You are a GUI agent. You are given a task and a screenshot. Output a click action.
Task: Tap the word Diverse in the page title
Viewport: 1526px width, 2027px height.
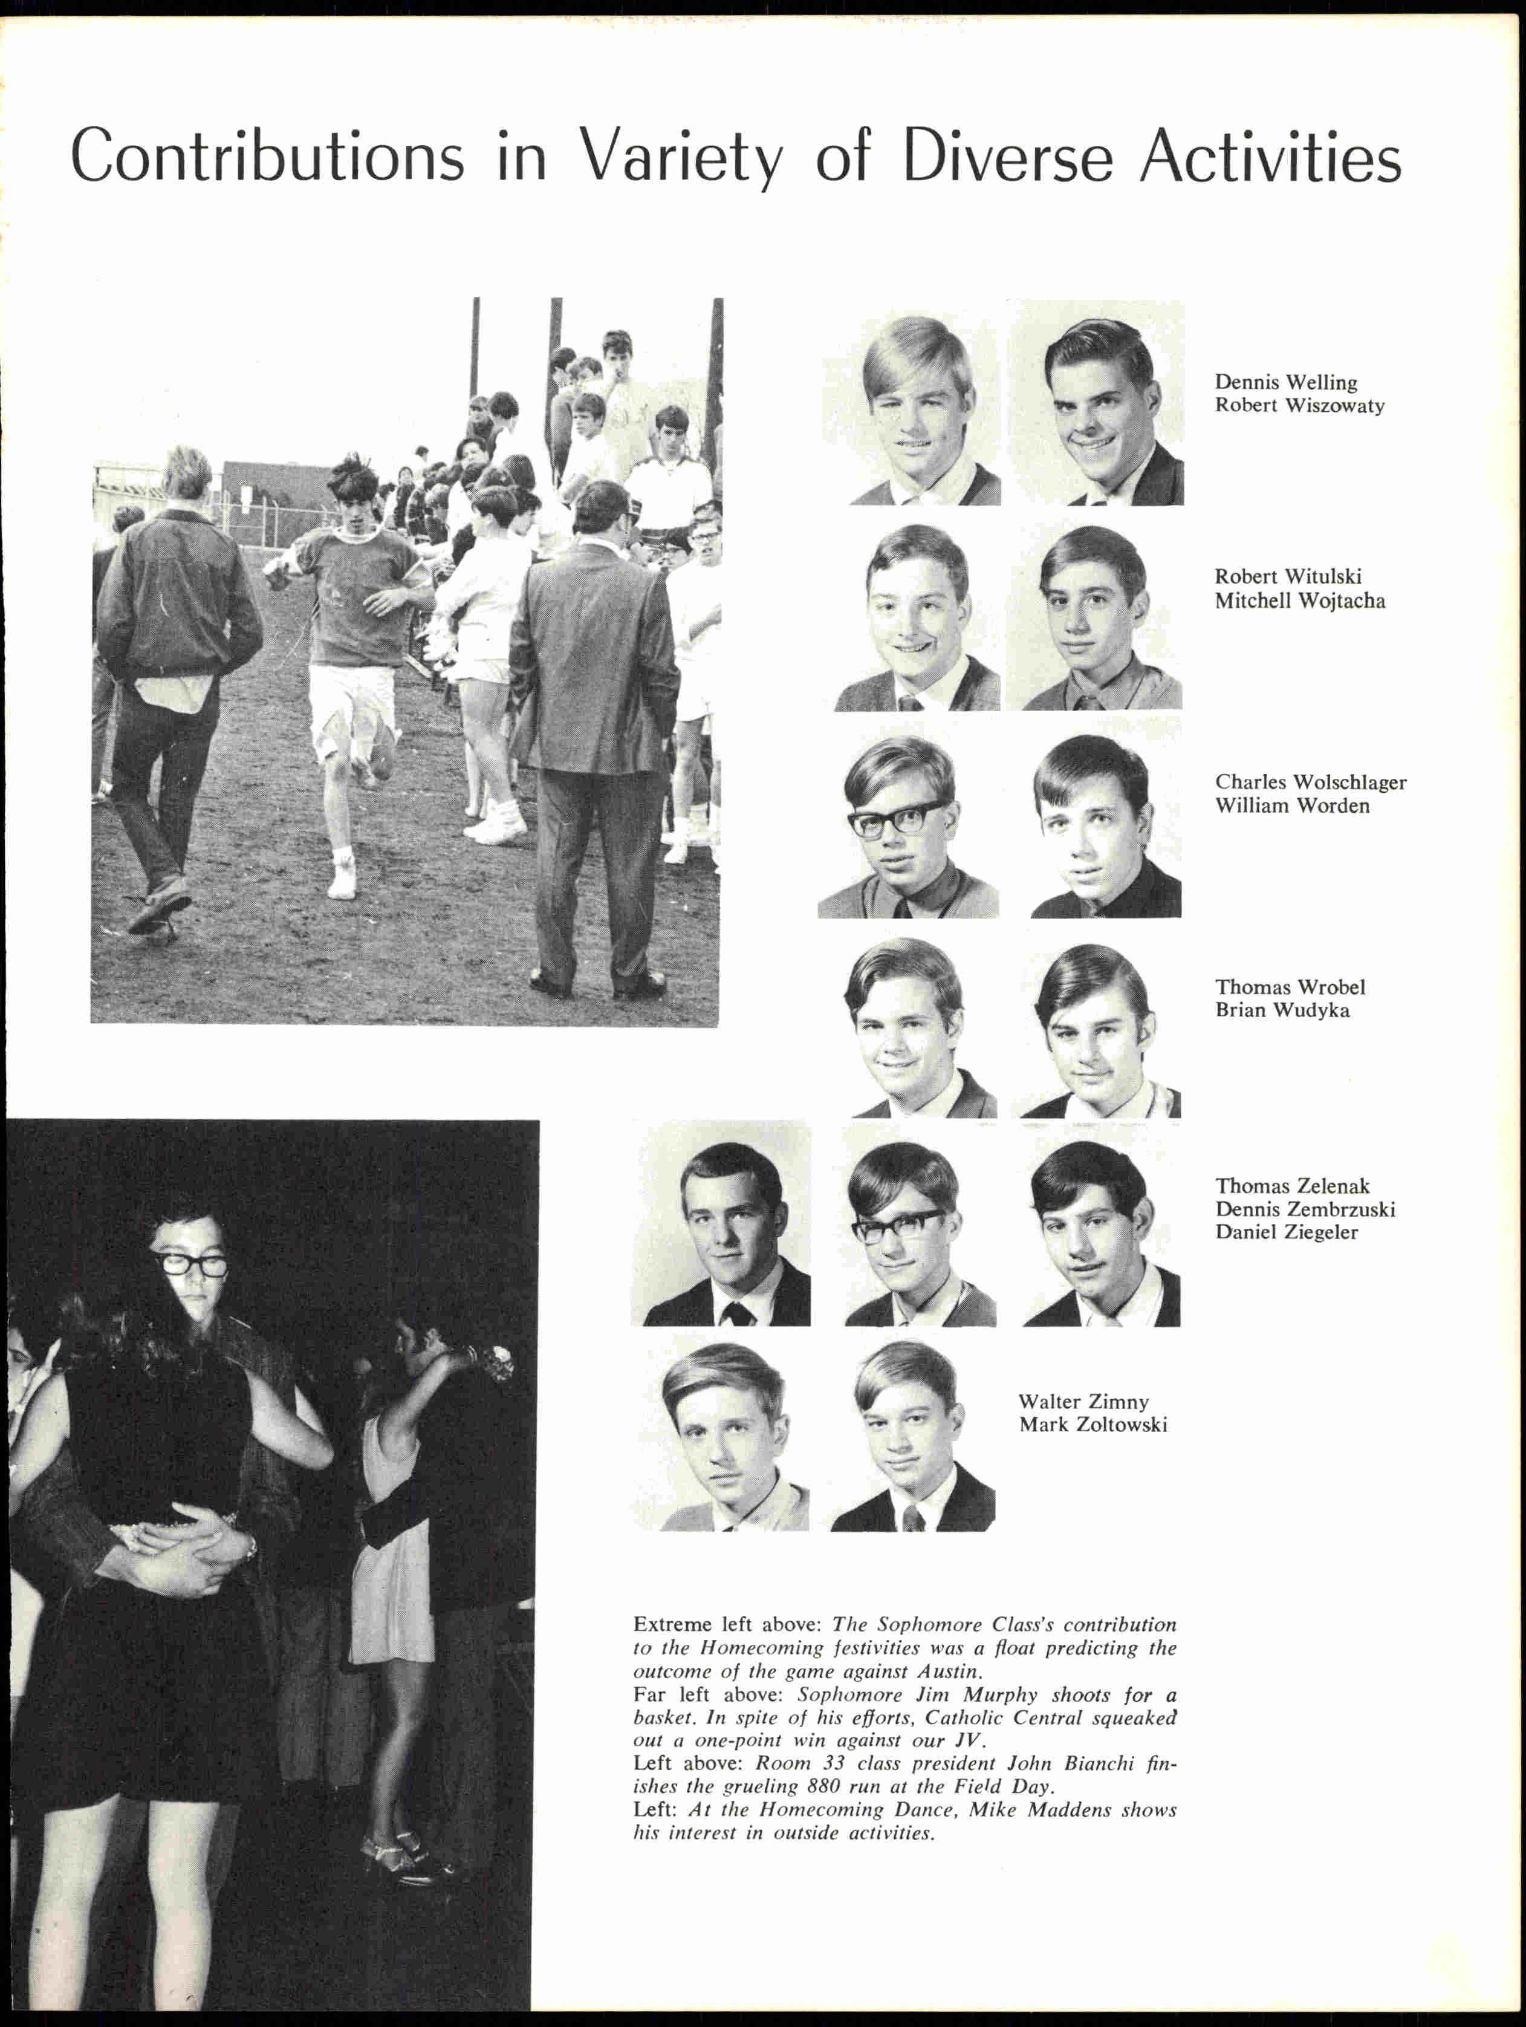(x=1008, y=156)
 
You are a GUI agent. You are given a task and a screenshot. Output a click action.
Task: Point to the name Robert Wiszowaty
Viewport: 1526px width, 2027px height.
(x=1299, y=405)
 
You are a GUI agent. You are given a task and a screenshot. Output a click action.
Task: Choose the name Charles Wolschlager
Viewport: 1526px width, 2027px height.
(x=1310, y=782)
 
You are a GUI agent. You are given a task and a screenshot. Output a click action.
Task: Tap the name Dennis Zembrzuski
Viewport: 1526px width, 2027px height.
(x=1304, y=1209)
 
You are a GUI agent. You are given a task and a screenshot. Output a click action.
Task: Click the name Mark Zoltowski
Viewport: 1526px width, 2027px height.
(x=1093, y=1424)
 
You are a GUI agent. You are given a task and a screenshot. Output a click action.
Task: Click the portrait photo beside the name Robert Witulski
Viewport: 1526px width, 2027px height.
(x=916, y=619)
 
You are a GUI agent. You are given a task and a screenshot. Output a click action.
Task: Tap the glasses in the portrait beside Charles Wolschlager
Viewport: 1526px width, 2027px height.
(x=898, y=818)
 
